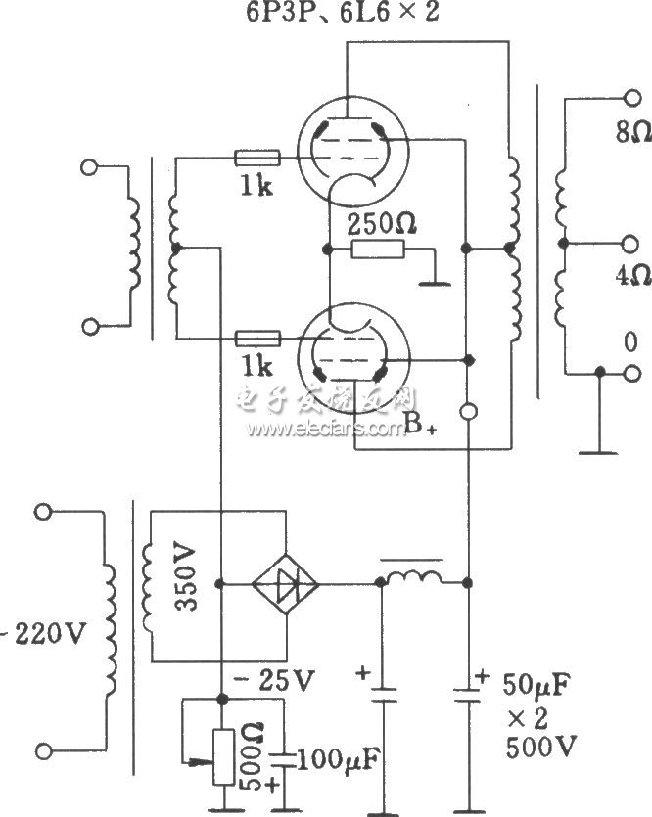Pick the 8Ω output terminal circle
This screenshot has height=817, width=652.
click(630, 99)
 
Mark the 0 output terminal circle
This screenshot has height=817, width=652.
click(630, 373)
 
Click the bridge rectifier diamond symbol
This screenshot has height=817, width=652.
click(285, 584)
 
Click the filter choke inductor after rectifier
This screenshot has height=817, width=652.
click(414, 580)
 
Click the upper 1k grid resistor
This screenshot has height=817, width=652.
click(258, 157)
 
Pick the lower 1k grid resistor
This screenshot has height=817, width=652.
click(258, 339)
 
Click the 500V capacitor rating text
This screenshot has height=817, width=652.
click(539, 749)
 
